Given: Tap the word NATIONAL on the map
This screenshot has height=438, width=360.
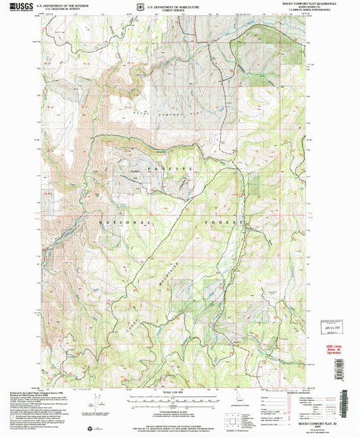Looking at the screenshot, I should pyautogui.click(x=124, y=222).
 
